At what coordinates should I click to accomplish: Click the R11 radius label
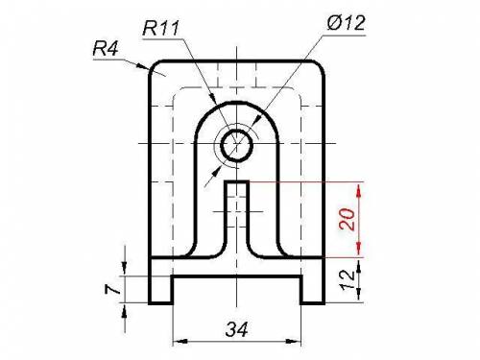click(160, 28)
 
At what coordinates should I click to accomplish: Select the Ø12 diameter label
click(346, 22)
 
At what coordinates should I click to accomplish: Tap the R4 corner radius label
click(106, 49)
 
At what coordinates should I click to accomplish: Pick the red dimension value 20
click(347, 219)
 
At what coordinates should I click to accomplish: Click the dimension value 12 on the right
click(348, 280)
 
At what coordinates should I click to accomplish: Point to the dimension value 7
click(112, 290)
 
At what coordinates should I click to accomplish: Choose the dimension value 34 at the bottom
click(236, 329)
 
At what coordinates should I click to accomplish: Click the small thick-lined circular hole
click(237, 146)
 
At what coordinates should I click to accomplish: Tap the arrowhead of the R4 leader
click(142, 66)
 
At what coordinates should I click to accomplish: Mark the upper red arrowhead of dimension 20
click(358, 191)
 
